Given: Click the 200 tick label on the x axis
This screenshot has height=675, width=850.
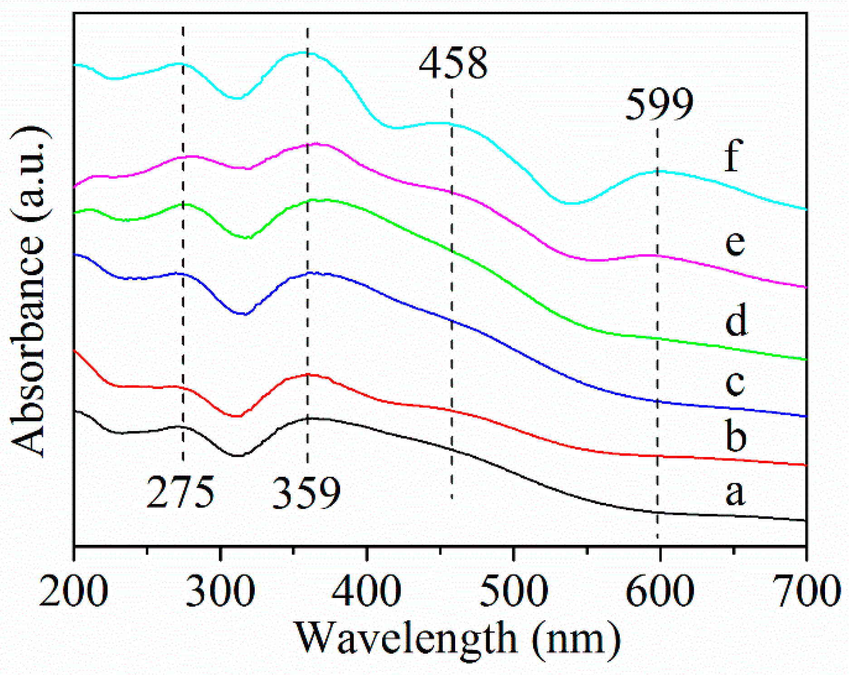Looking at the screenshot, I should (x=73, y=591).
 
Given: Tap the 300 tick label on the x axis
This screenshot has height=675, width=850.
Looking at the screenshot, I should (x=220, y=591).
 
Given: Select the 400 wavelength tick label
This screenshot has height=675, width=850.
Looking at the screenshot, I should (x=367, y=591).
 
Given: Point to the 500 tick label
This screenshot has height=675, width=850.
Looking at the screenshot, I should (x=513, y=591).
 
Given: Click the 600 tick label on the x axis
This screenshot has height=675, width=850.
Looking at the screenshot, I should (x=660, y=591).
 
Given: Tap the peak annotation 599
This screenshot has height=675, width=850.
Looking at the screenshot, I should (x=659, y=104).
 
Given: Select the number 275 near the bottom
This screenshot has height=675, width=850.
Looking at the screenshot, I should (x=180, y=492).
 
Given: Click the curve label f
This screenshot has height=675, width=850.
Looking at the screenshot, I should (x=733, y=155).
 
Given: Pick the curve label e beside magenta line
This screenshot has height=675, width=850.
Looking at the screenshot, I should (x=734, y=243).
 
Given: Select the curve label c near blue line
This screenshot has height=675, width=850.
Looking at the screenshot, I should (x=734, y=382).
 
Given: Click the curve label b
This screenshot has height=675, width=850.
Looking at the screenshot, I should (x=735, y=436).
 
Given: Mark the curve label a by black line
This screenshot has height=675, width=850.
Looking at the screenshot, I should (x=734, y=492).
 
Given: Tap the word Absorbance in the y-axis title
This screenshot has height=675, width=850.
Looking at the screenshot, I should (x=28, y=345).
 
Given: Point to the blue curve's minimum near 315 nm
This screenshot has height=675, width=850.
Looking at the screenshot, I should (x=244, y=314).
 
